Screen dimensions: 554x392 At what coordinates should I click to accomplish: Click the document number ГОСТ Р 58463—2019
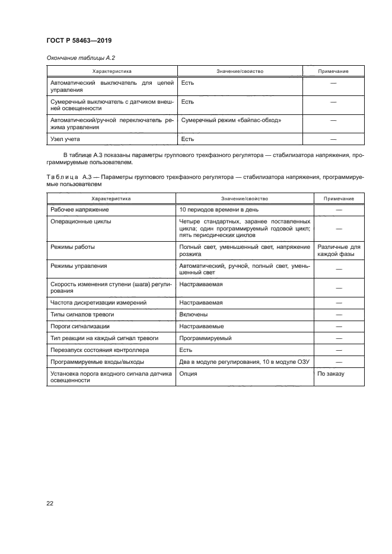(x=79, y=40)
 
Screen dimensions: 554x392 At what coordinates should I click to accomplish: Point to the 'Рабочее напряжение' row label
(x=80, y=210)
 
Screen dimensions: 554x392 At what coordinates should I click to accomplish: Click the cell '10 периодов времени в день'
(x=219, y=210)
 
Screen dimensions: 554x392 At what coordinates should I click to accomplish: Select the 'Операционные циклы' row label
(x=81, y=221)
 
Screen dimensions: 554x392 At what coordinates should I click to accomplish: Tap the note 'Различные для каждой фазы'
(x=339, y=250)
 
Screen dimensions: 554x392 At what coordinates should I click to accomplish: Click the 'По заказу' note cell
(x=331, y=374)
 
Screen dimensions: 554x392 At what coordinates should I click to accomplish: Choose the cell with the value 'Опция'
(x=189, y=374)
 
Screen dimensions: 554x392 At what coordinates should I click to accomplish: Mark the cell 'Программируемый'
(x=205, y=338)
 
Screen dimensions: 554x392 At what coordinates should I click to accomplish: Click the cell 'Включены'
(x=193, y=314)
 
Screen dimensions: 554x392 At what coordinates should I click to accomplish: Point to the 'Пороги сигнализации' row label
(x=80, y=326)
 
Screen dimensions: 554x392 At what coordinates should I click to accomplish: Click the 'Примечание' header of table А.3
(x=339, y=199)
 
